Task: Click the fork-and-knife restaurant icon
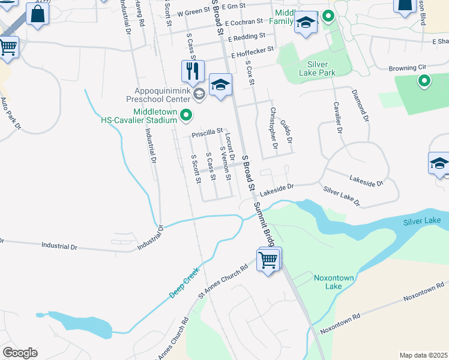tap(193, 71)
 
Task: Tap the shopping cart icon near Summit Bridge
tap(269, 260)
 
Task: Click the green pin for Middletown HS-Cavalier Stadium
tap(186, 115)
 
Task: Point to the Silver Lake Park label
tap(318, 68)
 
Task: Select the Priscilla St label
tap(207, 131)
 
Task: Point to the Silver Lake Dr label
tap(341, 196)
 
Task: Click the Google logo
tap(20, 353)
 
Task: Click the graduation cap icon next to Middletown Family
tap(306, 25)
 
